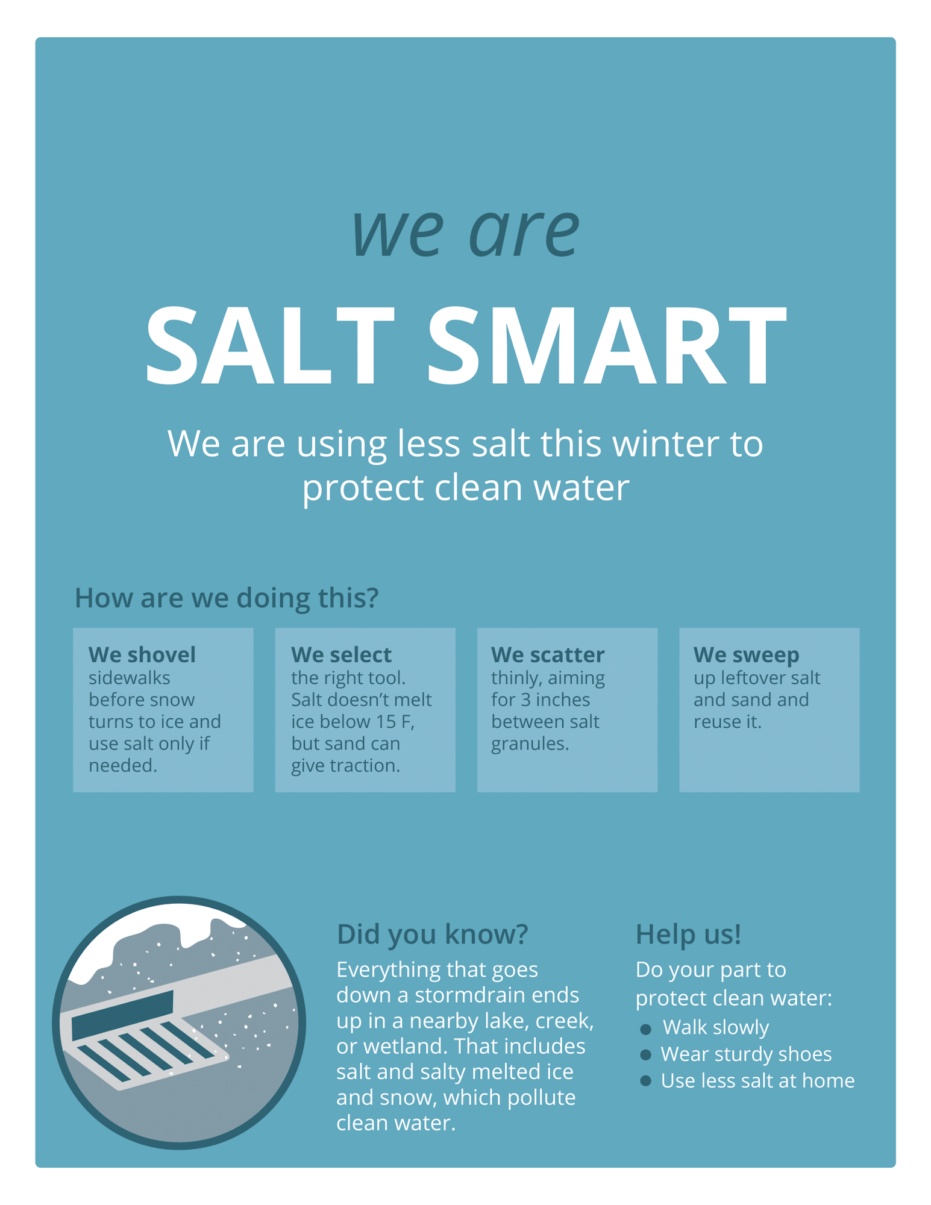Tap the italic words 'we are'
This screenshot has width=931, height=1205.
[x=465, y=231]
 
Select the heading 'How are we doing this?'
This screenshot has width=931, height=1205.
[x=227, y=598]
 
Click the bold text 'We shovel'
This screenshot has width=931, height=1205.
[x=142, y=654]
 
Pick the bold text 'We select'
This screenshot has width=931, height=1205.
[x=341, y=654]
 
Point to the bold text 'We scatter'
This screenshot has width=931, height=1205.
[x=547, y=654]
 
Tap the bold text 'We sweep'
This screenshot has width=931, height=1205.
[x=746, y=654]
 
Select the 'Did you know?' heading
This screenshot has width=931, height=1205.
[x=432, y=934]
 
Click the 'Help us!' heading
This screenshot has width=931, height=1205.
[x=688, y=934]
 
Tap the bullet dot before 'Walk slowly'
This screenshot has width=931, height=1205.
[x=645, y=1029]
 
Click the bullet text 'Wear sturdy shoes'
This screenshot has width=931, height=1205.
[x=746, y=1054]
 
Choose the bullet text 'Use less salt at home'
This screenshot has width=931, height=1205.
[x=757, y=1080]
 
